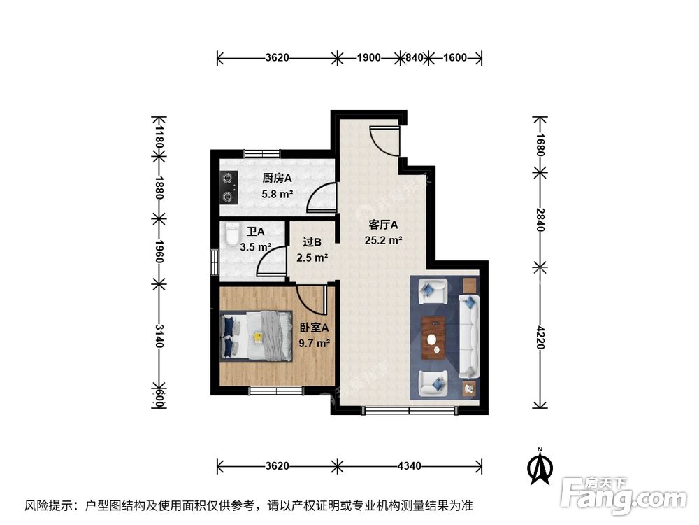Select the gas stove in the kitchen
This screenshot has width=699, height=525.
[x=229, y=187]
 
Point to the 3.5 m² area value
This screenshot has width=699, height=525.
[x=255, y=246]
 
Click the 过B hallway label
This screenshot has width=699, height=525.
[x=312, y=242]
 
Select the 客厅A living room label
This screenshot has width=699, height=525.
[x=383, y=225]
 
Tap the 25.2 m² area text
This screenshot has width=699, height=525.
[x=383, y=240]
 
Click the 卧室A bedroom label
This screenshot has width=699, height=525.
[x=314, y=327]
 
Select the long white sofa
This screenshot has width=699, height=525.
[x=469, y=335]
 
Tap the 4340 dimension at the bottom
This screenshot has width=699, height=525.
[x=408, y=465]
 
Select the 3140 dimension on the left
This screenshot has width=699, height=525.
[x=159, y=335]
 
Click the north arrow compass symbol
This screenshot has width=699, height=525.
[x=539, y=466]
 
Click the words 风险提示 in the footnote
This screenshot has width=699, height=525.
[x=50, y=505]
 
